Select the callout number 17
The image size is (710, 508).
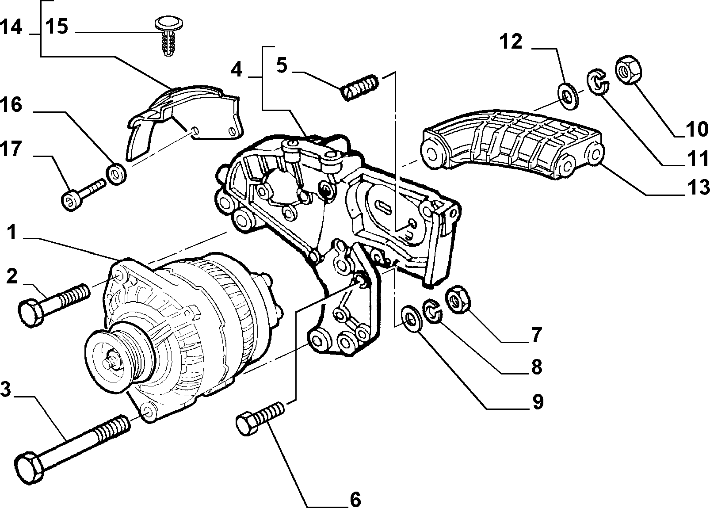[x=11, y=149]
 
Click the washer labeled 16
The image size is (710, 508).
[x=116, y=174]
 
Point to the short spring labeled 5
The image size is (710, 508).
[x=360, y=88]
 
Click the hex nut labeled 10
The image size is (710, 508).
[x=628, y=70]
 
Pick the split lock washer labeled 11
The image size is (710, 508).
[x=597, y=82]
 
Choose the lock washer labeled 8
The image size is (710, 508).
[x=433, y=311]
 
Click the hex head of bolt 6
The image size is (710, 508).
[x=247, y=424]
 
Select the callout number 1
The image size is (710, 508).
[x=12, y=232]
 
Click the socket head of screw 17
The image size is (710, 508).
[x=71, y=200]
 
